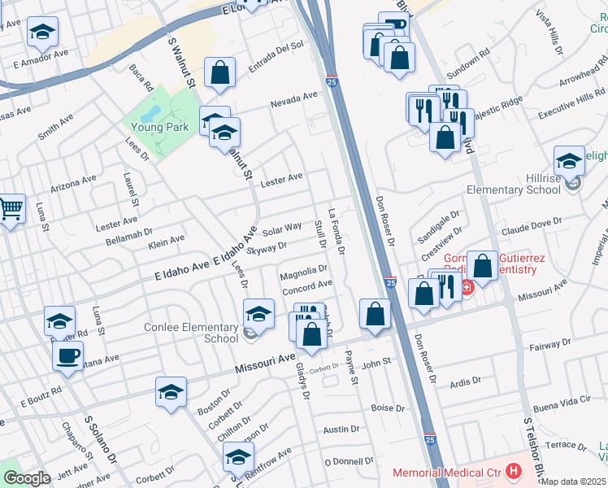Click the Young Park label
click(x=161, y=127)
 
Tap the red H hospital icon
click(x=513, y=470)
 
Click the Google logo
click(x=27, y=478)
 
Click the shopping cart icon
click(x=10, y=211)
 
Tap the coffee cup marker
click(x=67, y=355)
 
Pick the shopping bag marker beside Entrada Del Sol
click(x=219, y=72)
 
